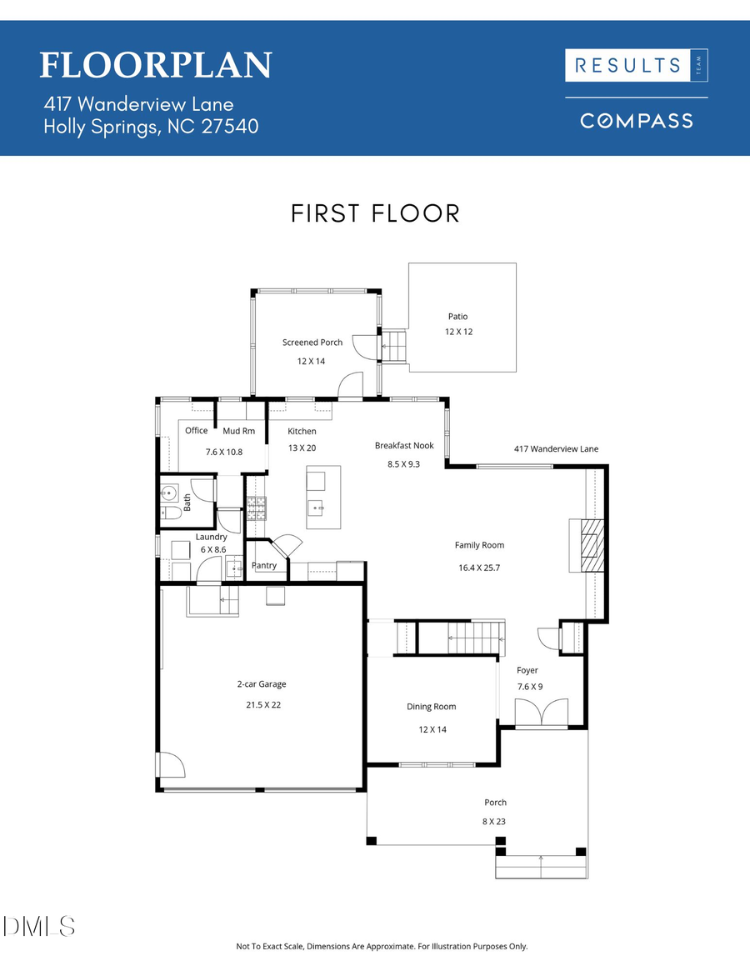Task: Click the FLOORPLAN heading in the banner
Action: pyautogui.click(x=156, y=65)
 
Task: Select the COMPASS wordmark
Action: pyautogui.click(x=637, y=121)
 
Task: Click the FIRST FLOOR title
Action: pyautogui.click(x=375, y=213)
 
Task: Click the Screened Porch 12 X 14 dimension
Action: pyautogui.click(x=312, y=361)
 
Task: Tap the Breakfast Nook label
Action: pyautogui.click(x=404, y=446)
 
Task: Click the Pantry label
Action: pyautogui.click(x=264, y=566)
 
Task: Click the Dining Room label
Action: pyautogui.click(x=432, y=707)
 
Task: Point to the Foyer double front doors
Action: pyautogui.click(x=541, y=713)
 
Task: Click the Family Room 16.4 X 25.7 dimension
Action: pyautogui.click(x=479, y=568)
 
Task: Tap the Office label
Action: pyautogui.click(x=197, y=431)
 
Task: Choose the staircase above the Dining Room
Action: pyautogui.click(x=461, y=638)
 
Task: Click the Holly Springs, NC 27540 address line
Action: pyautogui.click(x=151, y=127)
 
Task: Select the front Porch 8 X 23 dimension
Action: pyautogui.click(x=495, y=821)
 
